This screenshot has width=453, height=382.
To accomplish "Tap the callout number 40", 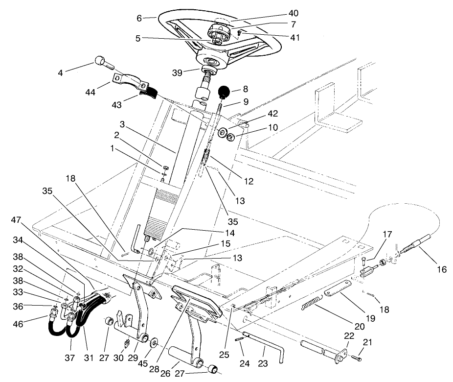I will [293, 13].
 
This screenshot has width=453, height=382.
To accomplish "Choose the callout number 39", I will [178, 73].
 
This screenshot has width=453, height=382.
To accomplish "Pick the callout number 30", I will [117, 358].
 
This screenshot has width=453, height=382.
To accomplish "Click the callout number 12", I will [248, 181].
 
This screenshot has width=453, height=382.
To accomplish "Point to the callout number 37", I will [70, 358].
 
